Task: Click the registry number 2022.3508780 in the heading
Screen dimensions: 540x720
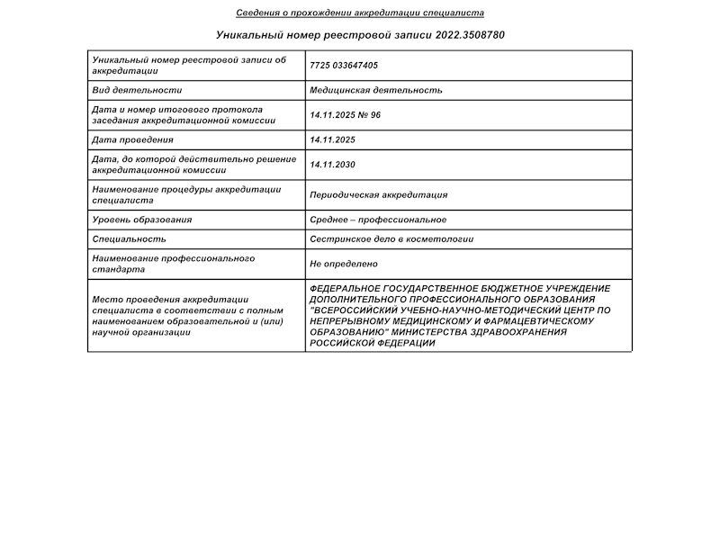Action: (x=470, y=35)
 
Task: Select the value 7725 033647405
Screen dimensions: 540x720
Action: (x=343, y=66)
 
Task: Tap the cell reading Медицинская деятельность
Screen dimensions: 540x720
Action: (x=375, y=91)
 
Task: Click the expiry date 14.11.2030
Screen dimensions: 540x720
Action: (x=332, y=165)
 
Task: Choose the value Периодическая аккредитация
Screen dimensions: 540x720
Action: (x=378, y=195)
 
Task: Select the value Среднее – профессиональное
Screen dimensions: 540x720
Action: (x=377, y=220)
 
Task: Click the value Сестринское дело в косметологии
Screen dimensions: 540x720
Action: (x=391, y=239)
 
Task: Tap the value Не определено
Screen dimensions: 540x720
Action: (x=343, y=264)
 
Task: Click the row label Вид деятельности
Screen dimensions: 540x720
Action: (x=137, y=91)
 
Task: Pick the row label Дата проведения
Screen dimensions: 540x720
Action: (x=132, y=139)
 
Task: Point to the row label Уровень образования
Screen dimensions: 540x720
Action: (x=142, y=220)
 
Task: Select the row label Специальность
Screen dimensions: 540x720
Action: (x=129, y=239)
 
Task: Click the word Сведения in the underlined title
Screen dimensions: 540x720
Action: (x=256, y=13)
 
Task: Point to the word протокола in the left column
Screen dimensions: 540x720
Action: (x=238, y=110)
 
